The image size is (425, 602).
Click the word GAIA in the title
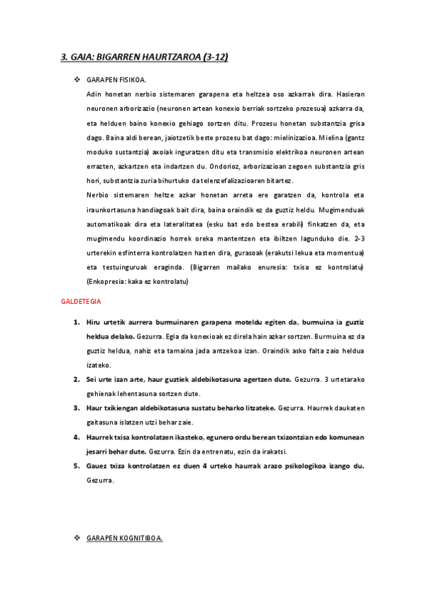[82, 57]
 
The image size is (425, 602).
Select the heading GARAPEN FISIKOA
[116, 80]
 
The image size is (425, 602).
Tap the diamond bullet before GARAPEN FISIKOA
[77, 80]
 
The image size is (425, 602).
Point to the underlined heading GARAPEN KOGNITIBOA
[124, 539]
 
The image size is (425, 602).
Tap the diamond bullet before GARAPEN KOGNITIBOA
[77, 539]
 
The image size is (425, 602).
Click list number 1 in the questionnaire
[77, 322]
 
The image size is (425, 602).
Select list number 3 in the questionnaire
[77, 407]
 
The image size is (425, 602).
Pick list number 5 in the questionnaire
[77, 466]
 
